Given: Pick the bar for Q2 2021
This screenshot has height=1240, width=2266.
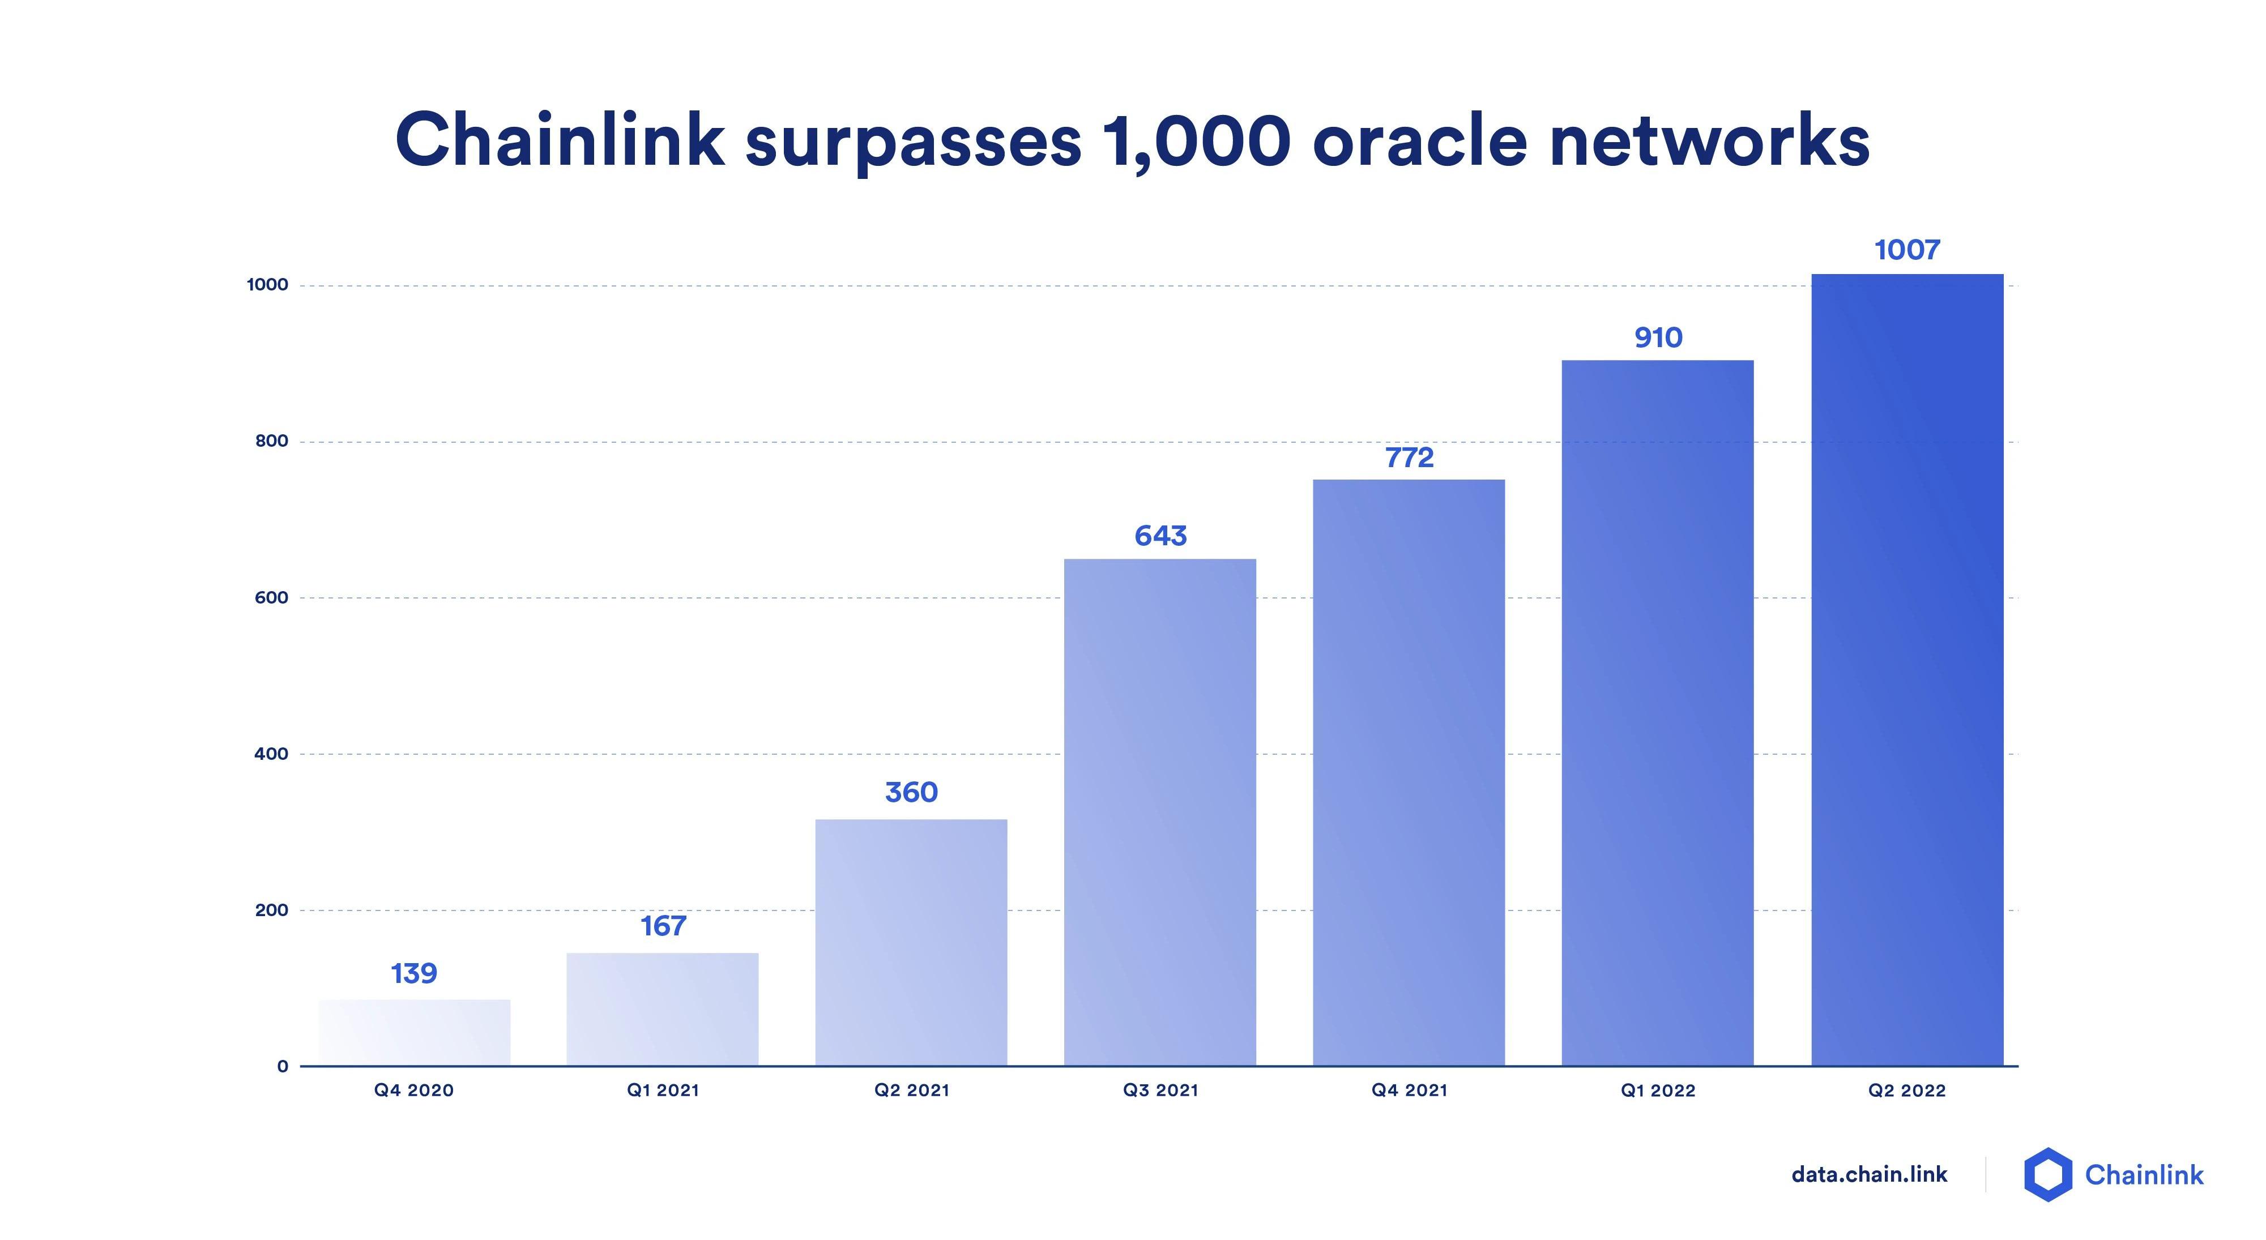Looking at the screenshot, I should pos(911,942).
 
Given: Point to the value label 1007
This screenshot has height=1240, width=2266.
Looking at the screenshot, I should pos(1907,250).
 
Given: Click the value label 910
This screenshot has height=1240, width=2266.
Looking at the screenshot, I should pos(1658,337).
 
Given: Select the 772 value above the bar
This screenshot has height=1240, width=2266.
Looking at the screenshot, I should pos(1409,457).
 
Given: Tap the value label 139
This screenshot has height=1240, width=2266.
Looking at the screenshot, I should pos(413,973).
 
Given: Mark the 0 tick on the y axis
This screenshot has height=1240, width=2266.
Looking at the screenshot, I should pos(283,1066).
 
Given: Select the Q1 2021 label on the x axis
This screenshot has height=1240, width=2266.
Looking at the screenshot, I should pos(663,1091).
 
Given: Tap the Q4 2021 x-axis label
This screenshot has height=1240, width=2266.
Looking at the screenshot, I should pos(1409,1091).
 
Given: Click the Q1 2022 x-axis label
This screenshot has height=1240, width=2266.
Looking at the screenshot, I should pos(1658,1091).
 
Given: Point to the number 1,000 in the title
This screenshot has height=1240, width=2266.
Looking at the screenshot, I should pos(1196,141).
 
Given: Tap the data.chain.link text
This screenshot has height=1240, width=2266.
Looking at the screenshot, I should pos(1870,1174).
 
